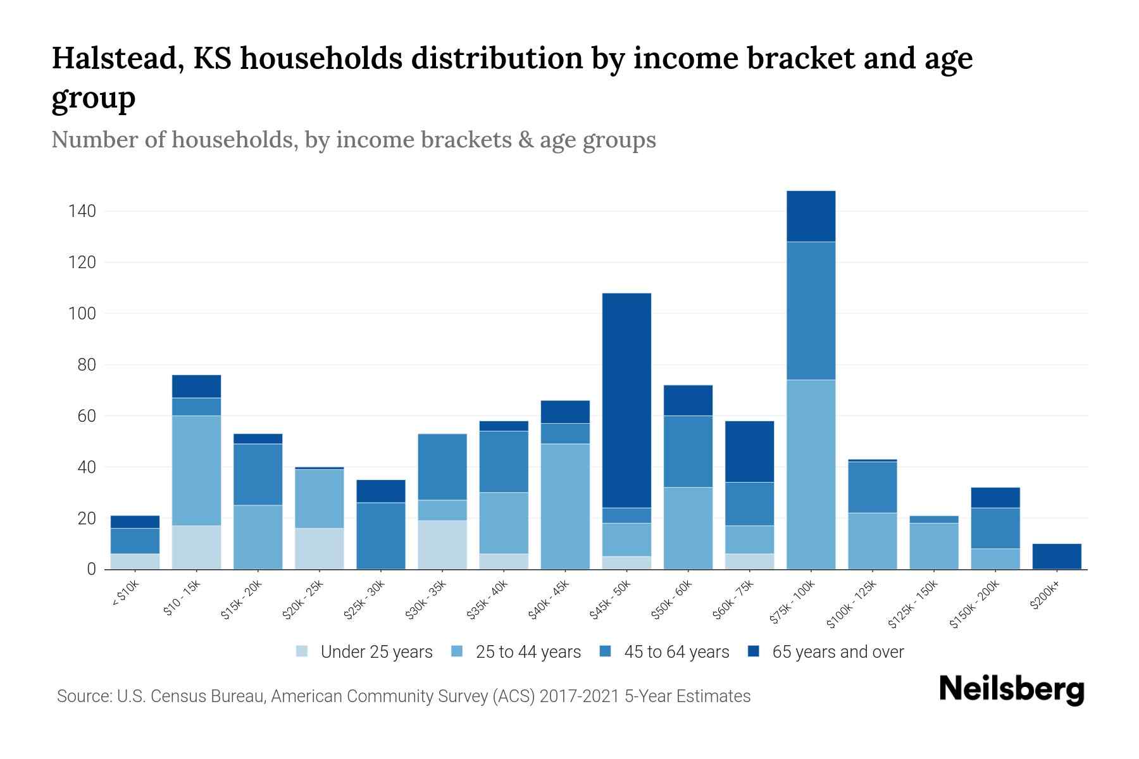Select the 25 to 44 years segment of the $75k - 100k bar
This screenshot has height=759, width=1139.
[811, 474]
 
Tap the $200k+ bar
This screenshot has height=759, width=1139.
[1057, 557]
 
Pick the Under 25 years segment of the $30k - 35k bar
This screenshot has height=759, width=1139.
[442, 545]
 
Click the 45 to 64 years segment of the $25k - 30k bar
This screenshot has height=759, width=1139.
[381, 536]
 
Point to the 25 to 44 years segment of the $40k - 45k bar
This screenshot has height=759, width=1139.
[565, 506]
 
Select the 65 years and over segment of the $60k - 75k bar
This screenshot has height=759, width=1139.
[749, 452]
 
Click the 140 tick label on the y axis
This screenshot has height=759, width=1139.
[82, 211]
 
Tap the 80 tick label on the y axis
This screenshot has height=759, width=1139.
[87, 365]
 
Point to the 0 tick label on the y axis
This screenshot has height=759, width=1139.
[91, 570]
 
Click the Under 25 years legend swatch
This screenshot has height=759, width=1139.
[302, 651]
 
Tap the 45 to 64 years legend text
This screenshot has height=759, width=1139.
[676, 652]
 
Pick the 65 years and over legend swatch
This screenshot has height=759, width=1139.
[754, 651]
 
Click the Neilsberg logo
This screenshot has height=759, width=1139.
[1011, 689]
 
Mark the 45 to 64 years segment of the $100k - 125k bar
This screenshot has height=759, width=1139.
[872, 487]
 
